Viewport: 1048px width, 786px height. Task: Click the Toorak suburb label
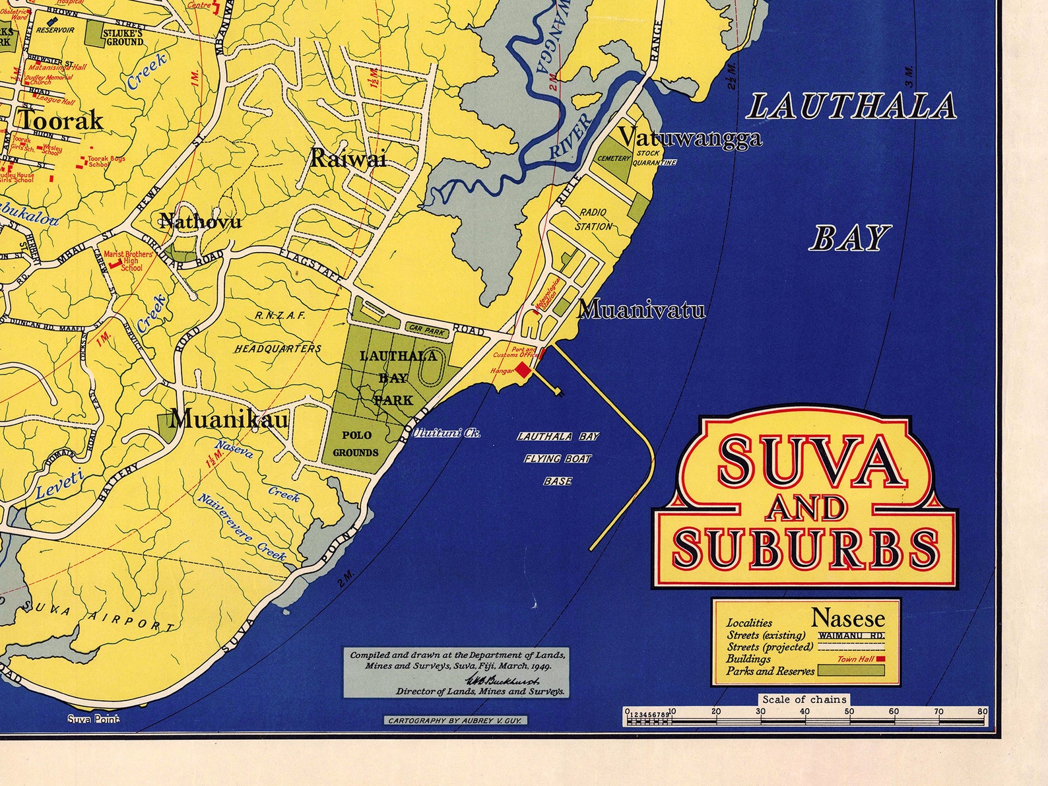click(x=60, y=121)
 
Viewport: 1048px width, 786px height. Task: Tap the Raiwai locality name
click(x=348, y=158)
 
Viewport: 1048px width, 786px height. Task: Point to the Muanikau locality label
click(x=229, y=419)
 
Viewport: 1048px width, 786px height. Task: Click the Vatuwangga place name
click(x=690, y=138)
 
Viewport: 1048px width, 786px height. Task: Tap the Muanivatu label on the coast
click(x=641, y=310)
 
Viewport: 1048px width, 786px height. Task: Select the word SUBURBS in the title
click(x=805, y=547)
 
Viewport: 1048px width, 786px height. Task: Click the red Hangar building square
click(x=523, y=370)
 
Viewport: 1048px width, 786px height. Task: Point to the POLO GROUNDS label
click(x=356, y=443)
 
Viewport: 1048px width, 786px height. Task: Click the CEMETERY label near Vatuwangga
click(x=614, y=159)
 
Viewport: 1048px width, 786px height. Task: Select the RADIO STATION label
click(x=593, y=220)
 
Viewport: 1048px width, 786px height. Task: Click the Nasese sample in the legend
click(x=847, y=618)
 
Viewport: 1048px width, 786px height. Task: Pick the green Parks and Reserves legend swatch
click(x=851, y=671)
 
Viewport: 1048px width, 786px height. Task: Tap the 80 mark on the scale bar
click(x=983, y=711)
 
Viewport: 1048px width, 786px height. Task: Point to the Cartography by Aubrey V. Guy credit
click(x=455, y=720)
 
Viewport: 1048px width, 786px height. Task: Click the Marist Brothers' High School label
click(x=129, y=261)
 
